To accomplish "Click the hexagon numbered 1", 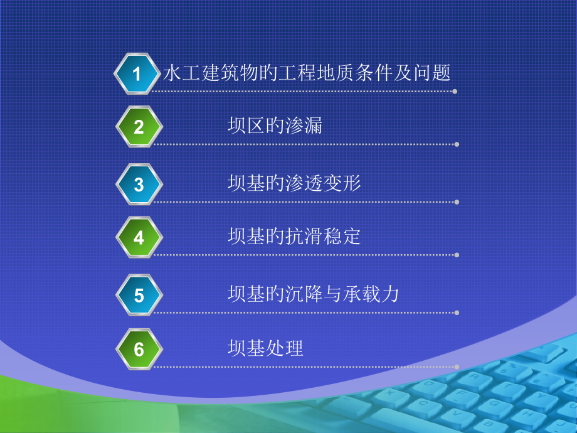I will click(137, 75).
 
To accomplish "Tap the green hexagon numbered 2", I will click(139, 127).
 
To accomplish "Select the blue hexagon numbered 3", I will click(139, 184).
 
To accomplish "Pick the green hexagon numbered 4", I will click(139, 238).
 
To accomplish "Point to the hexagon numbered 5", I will click(139, 296).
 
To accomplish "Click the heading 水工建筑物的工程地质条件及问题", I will click(307, 73).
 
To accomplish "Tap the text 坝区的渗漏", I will click(275, 126).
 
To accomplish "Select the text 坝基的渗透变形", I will click(294, 183).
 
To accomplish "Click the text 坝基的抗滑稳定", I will click(294, 237).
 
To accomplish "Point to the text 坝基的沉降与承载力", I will click(314, 294).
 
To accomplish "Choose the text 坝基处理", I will click(265, 348).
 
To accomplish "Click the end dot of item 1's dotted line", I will click(455, 92).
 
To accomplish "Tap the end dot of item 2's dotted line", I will click(457, 144).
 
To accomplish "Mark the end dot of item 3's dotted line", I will click(457, 202).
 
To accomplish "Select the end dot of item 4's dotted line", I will click(457, 255).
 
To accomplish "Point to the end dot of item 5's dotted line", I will click(457, 313).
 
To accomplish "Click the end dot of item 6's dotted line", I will click(457, 366).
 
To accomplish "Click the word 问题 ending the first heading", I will click(432, 73).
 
